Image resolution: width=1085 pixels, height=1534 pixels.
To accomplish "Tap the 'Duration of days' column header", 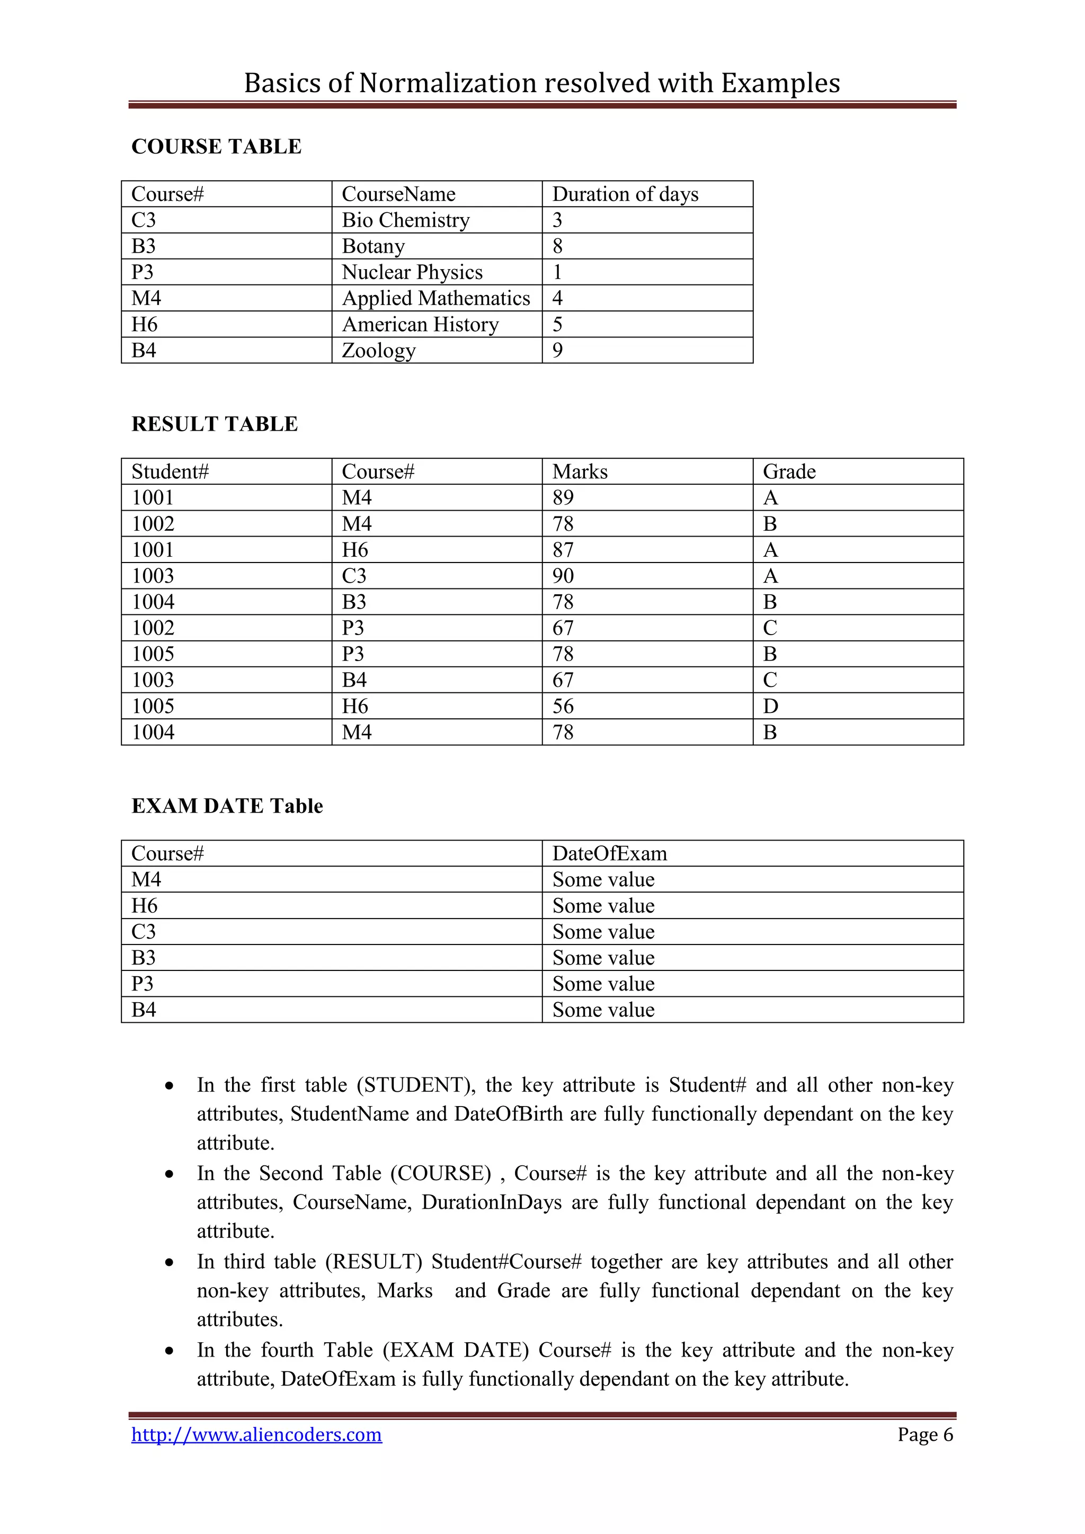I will pyautogui.click(x=625, y=194).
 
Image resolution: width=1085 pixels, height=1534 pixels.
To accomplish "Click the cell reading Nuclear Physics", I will pyautogui.click(x=412, y=272).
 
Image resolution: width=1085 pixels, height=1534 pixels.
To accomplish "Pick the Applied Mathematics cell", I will pyautogui.click(x=435, y=298).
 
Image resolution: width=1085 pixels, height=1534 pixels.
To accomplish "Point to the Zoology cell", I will pyautogui.click(x=378, y=350).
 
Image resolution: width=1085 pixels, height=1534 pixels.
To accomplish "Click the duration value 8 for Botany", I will pyautogui.click(x=558, y=246).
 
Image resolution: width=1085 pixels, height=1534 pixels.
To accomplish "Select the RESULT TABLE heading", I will pyautogui.click(x=215, y=424).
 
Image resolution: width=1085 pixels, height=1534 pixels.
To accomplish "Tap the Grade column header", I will pyautogui.click(x=789, y=471).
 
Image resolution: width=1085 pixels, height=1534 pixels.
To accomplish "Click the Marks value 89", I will pyautogui.click(x=563, y=498).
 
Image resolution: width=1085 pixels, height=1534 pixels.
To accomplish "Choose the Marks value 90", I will pyautogui.click(x=563, y=576).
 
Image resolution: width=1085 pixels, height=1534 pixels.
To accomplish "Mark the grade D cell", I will pyautogui.click(x=770, y=706).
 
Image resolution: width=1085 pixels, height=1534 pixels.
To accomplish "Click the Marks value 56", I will pyautogui.click(x=563, y=706).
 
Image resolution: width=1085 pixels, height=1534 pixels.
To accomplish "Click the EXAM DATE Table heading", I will pyautogui.click(x=227, y=806).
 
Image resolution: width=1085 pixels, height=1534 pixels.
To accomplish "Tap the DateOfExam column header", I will pyautogui.click(x=609, y=854).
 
